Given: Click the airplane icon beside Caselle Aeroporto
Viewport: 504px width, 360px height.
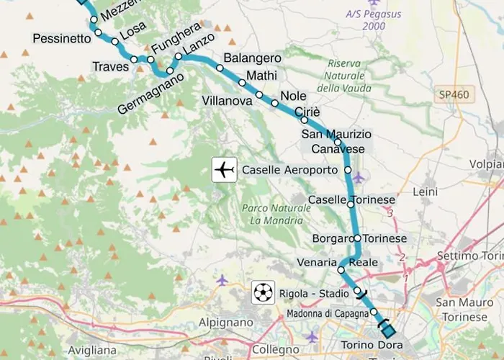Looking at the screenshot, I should (x=225, y=170).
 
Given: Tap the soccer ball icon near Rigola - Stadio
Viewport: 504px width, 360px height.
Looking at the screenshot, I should (x=264, y=293).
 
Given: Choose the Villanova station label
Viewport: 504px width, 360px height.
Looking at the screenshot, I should (x=228, y=101).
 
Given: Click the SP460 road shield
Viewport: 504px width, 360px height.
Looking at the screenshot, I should (x=452, y=94).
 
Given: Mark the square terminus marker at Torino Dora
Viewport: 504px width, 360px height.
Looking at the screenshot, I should (x=389, y=331).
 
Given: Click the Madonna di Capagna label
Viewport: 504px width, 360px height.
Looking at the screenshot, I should (x=327, y=314).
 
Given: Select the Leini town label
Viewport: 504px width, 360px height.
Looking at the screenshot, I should (x=426, y=192).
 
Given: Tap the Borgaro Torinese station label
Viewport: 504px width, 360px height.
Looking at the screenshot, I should (x=359, y=238).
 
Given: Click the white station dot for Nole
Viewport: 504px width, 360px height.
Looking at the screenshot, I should (x=274, y=104).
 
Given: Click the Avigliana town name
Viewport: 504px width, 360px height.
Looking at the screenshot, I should (x=93, y=350).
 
